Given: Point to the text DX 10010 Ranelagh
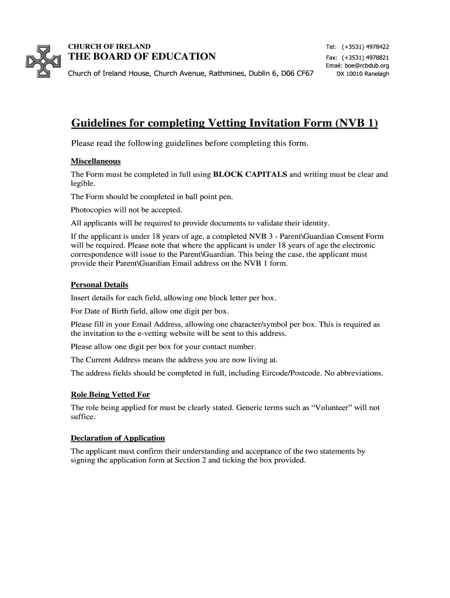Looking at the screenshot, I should pos(362,74).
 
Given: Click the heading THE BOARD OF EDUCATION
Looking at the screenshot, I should pos(143,57).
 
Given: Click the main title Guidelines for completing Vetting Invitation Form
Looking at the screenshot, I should pos(224,123).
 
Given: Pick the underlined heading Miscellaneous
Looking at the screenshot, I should pos(95,161).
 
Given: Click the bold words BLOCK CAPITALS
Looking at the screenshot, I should pos(250,175).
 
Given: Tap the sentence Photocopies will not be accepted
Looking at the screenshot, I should pos(127,210).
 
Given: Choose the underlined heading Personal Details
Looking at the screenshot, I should pos(99,285).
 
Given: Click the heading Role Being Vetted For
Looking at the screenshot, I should pos(110,394).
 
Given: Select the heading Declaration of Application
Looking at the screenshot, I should pos(117,438).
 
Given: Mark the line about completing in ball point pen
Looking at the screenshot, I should pos(151,197).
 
